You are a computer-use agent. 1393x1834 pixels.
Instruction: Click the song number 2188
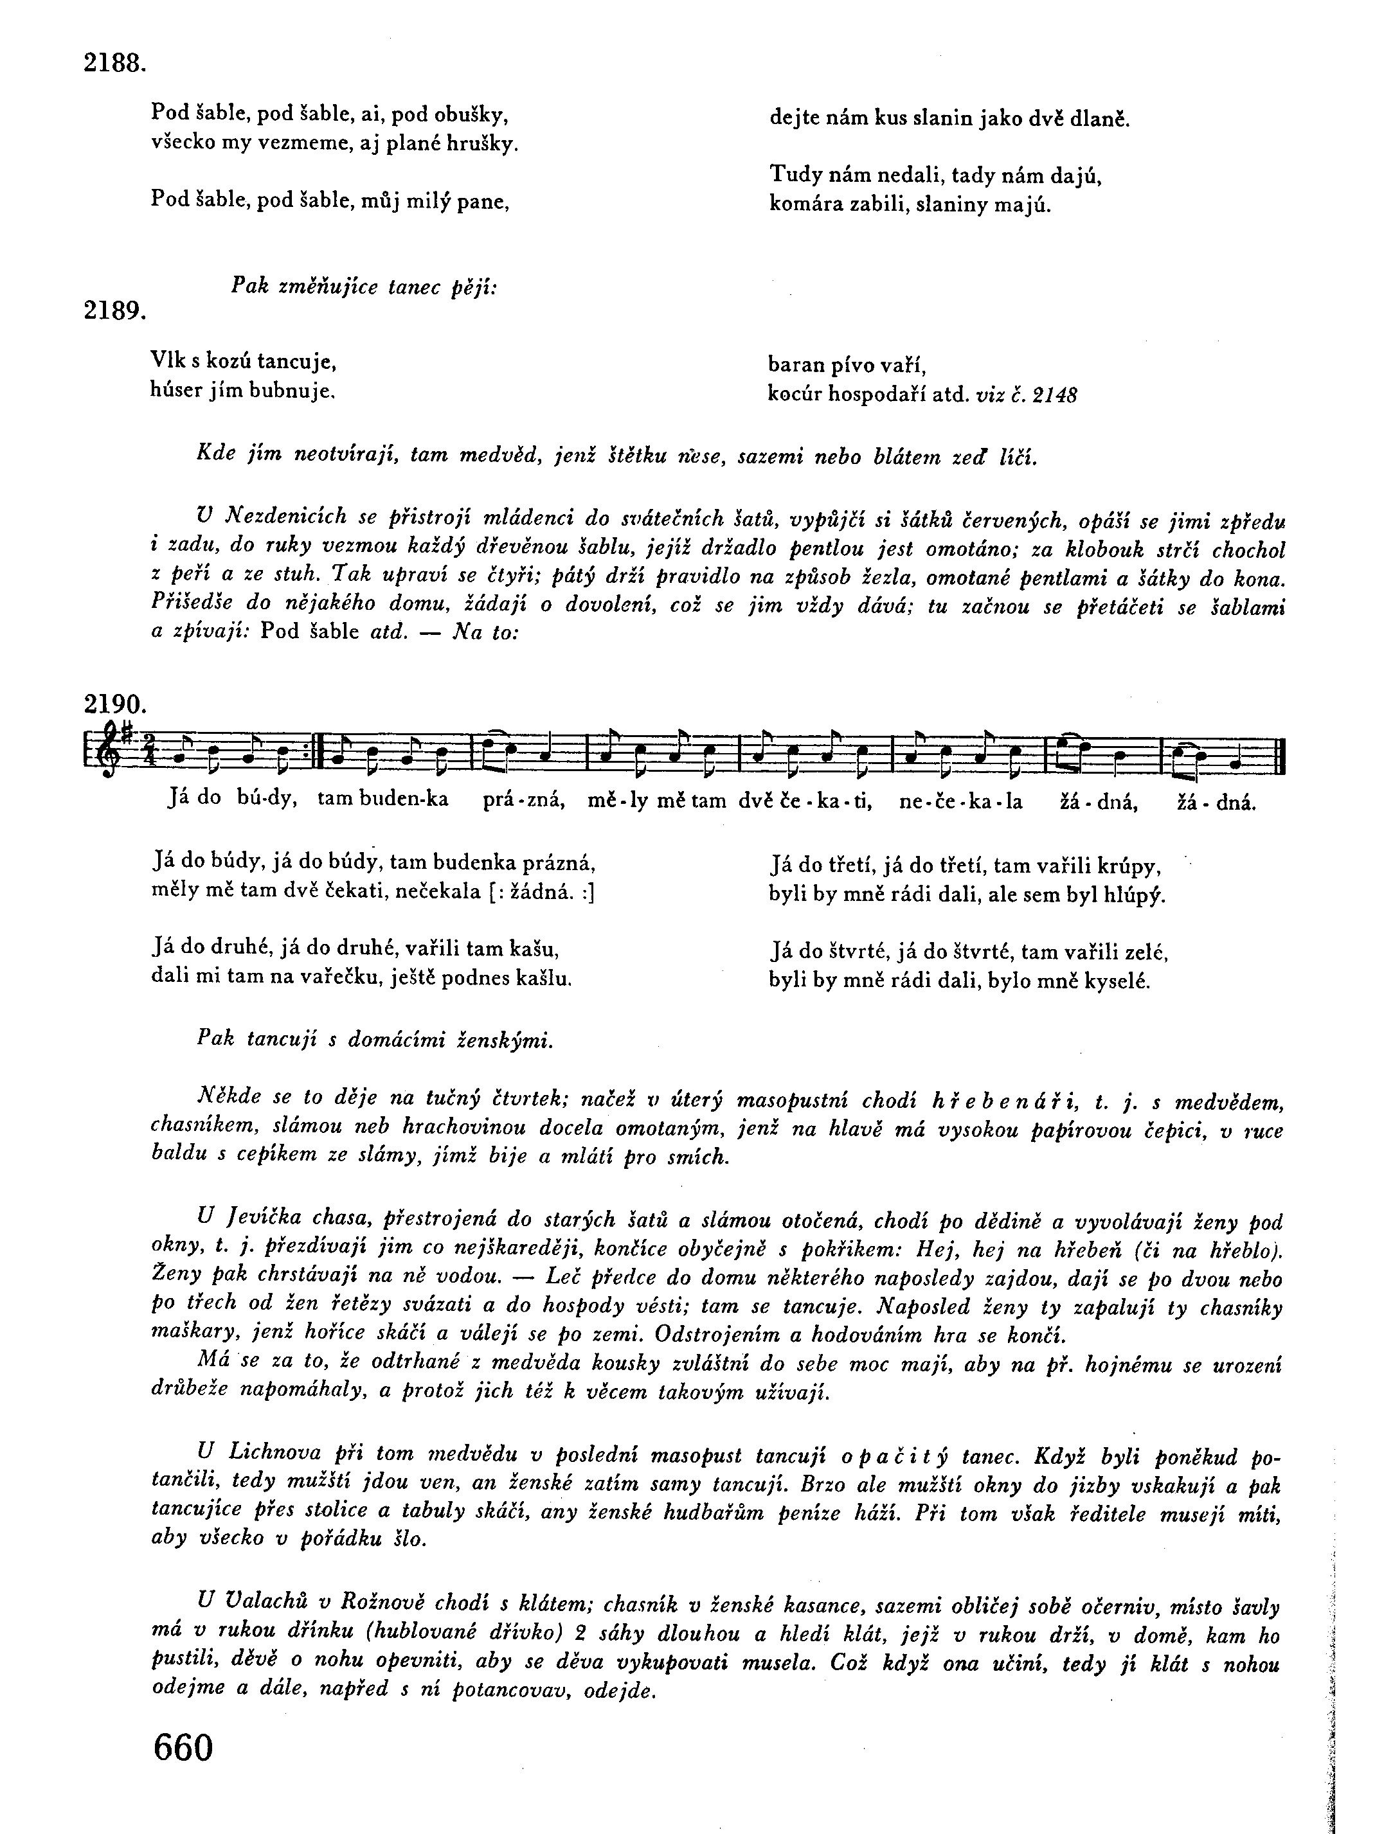click(114, 63)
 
